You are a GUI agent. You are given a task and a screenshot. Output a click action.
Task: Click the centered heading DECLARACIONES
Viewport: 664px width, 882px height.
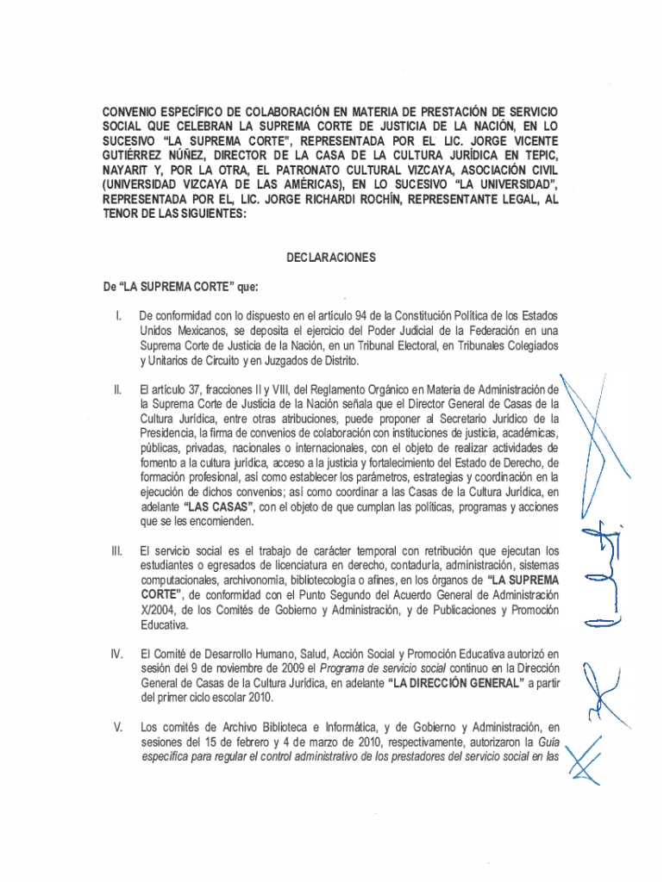pos(331,258)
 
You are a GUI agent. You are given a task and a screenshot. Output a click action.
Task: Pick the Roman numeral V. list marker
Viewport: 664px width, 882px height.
pos(118,728)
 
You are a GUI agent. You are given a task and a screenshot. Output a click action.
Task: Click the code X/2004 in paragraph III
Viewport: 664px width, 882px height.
pos(158,611)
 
